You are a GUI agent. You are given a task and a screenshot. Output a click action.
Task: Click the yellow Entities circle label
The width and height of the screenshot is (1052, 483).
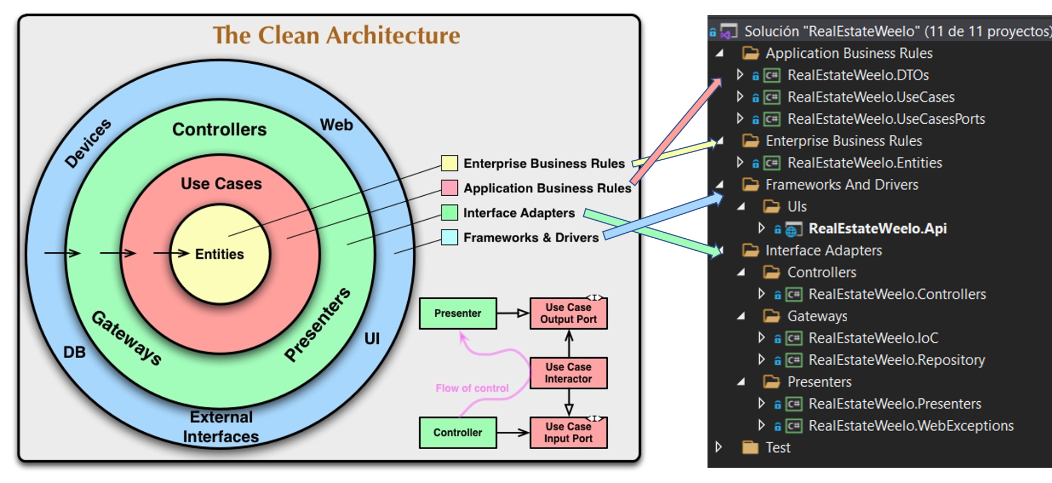(x=220, y=254)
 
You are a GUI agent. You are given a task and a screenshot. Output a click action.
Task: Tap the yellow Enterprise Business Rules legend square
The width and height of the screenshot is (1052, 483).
(x=449, y=163)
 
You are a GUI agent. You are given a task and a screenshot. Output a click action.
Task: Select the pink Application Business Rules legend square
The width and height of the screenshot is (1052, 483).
(x=449, y=188)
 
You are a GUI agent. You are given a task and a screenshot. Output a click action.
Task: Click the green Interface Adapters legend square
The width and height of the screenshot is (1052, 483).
(x=449, y=213)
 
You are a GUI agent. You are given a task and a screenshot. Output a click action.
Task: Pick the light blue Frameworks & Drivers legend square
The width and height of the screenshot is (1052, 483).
(x=449, y=237)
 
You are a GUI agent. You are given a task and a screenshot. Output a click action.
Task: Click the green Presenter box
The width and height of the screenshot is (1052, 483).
(x=458, y=313)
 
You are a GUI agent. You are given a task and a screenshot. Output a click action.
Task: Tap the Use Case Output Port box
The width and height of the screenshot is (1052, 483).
(x=569, y=313)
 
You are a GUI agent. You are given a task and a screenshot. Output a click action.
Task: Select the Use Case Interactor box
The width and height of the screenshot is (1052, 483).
(x=569, y=373)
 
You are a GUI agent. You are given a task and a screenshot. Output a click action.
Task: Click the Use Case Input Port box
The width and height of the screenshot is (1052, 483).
(x=569, y=432)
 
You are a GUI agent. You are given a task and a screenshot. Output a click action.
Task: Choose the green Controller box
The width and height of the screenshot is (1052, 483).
(x=458, y=432)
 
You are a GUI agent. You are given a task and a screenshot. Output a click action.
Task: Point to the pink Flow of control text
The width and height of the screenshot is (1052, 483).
(x=472, y=388)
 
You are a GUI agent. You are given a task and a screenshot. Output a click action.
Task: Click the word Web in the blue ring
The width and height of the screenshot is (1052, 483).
(x=336, y=125)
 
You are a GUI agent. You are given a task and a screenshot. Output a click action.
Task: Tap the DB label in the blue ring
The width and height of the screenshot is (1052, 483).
(x=74, y=352)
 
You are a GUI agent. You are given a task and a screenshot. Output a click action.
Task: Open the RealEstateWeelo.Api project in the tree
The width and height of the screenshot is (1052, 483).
(x=878, y=228)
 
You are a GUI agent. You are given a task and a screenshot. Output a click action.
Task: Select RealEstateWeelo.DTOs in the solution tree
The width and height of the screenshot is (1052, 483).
(x=858, y=75)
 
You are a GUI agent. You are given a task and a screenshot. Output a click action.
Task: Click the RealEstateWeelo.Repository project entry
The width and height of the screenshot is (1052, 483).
(x=897, y=360)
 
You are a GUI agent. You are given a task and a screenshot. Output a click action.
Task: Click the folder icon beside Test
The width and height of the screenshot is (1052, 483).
(x=751, y=448)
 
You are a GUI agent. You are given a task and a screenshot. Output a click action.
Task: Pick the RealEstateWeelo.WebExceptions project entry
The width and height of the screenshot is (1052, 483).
(x=911, y=426)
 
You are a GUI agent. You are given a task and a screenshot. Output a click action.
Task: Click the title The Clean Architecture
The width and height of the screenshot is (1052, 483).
(x=336, y=35)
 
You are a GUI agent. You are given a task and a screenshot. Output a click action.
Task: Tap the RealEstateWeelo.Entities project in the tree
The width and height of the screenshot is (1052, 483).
(x=864, y=163)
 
